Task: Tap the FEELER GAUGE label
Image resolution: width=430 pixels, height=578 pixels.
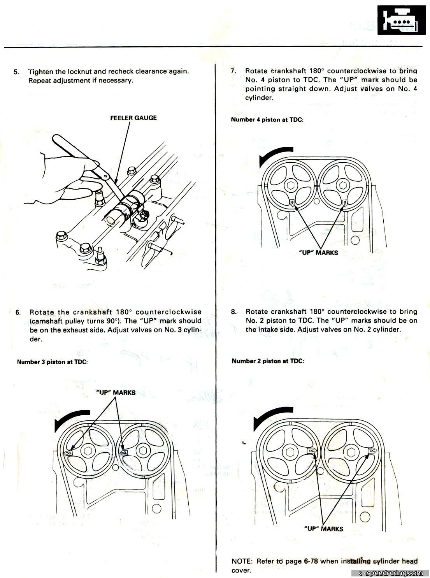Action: point(133,118)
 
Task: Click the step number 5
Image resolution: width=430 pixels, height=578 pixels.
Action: point(16,72)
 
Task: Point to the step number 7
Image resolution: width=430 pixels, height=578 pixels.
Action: point(233,71)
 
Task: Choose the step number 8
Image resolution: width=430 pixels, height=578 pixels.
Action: point(233,312)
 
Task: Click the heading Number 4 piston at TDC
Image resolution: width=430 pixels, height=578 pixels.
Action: point(267,120)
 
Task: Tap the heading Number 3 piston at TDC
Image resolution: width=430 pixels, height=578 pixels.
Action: point(52,362)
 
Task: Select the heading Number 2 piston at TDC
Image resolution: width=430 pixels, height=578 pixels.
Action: point(268,361)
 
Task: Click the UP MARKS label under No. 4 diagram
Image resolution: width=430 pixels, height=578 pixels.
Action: point(318,253)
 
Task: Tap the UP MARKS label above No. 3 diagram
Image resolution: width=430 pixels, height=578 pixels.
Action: point(116,393)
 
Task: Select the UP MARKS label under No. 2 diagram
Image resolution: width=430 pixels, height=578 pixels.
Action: point(323,529)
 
